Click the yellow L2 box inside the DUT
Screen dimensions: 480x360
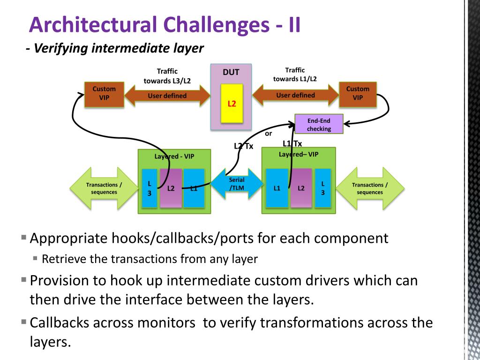[x=232, y=104]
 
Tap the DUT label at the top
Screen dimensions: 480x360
[x=231, y=72]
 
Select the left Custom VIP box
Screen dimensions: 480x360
[x=104, y=94]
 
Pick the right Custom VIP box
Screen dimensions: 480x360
[x=358, y=94]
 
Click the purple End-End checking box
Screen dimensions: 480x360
[x=319, y=124]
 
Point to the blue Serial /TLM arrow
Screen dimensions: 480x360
[x=237, y=184]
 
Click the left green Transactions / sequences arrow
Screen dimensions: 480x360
[x=104, y=188]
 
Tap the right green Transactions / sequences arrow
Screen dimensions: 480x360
[x=370, y=188]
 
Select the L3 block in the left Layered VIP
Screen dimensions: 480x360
[x=150, y=188]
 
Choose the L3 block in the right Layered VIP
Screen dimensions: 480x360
[x=323, y=188]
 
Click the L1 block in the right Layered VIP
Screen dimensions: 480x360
[x=277, y=188]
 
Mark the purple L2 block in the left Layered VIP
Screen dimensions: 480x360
[x=171, y=188]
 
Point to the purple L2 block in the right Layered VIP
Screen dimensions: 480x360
[x=301, y=188]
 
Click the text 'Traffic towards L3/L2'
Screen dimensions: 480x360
[x=167, y=76]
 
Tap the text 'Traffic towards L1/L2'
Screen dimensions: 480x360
[x=295, y=75]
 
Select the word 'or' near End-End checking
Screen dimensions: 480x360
[x=269, y=134]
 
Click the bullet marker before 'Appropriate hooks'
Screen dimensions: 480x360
[x=24, y=237]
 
